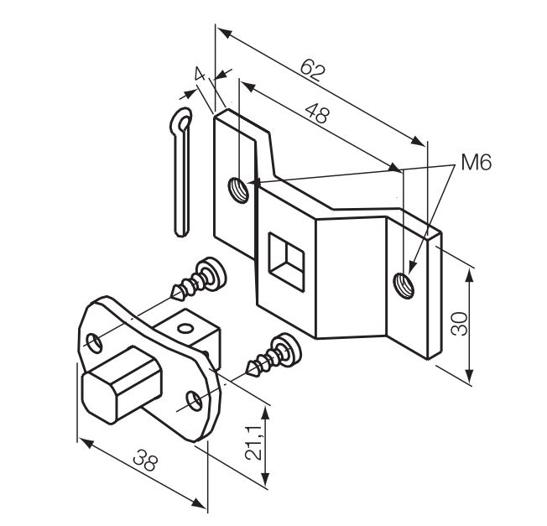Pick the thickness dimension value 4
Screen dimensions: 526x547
pos(200,76)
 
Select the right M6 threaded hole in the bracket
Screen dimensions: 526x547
pos(404,281)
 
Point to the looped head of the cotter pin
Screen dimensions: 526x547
pos(180,126)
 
